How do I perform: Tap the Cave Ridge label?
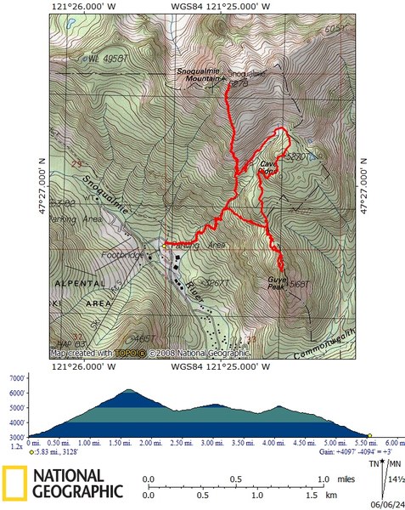click(x=269, y=166)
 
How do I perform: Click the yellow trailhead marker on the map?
click(x=165, y=246)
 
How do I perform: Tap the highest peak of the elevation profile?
click(x=129, y=390)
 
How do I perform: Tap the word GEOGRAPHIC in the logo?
click(x=77, y=490)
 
